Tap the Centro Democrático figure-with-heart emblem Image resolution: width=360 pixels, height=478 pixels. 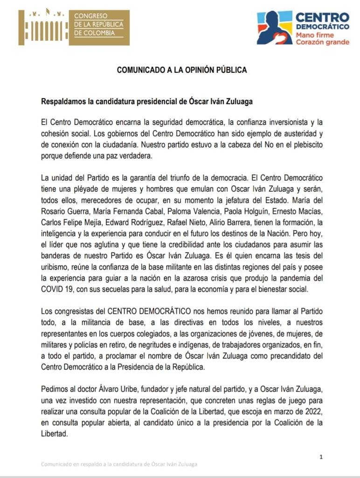pyautogui.click(x=274, y=28)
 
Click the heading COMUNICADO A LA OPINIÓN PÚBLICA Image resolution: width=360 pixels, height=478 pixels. pyautogui.click(x=181, y=70)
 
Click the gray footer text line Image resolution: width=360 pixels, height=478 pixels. pyautogui.click(x=118, y=464)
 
